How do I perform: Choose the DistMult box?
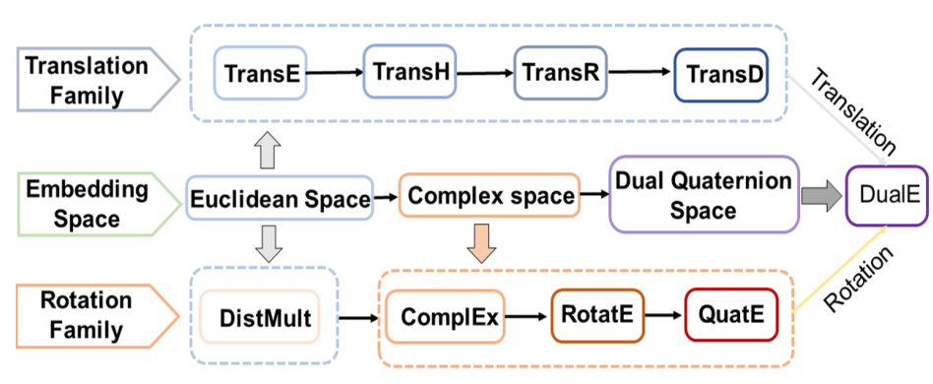pyautogui.click(x=261, y=318)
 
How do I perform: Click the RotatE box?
pyautogui.click(x=595, y=315)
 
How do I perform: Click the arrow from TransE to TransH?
pyautogui.click(x=334, y=73)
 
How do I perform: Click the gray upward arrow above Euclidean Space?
pyautogui.click(x=267, y=153)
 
